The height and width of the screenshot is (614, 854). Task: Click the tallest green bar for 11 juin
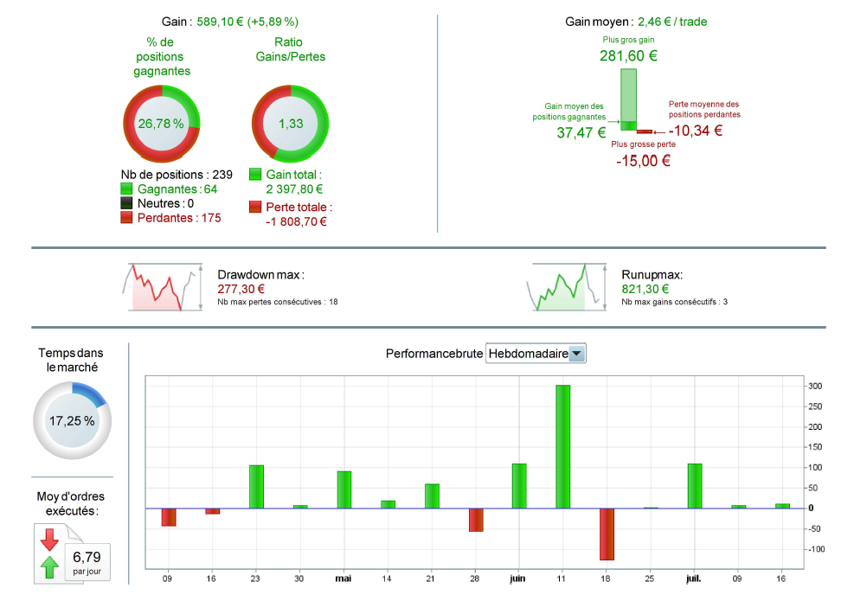click(562, 446)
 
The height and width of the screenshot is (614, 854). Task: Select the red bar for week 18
click(607, 534)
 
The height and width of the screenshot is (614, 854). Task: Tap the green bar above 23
click(256, 486)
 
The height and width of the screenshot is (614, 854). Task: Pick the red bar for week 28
click(476, 519)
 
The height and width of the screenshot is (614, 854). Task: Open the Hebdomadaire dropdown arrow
click(577, 353)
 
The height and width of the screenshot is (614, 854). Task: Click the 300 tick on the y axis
click(816, 386)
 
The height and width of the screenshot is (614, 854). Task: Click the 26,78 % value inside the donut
click(161, 124)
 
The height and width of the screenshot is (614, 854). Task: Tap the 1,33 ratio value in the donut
click(291, 124)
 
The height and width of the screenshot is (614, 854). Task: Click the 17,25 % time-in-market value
click(72, 421)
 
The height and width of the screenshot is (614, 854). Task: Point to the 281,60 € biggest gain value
click(628, 56)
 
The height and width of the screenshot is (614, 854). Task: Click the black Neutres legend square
click(127, 203)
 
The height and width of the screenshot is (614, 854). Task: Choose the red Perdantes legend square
click(127, 218)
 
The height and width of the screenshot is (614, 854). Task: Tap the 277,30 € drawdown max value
click(241, 289)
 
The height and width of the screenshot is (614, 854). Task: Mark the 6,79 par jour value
click(87, 557)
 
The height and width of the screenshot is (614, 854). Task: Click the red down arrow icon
click(49, 540)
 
